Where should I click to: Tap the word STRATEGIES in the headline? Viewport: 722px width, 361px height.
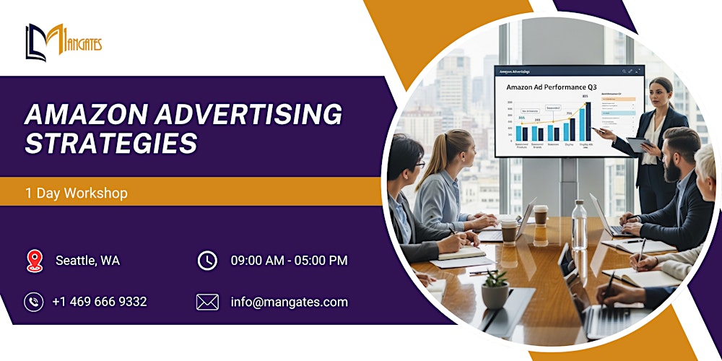click(110, 143)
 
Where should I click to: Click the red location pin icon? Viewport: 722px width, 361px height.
click(34, 261)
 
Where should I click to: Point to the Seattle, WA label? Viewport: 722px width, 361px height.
click(87, 261)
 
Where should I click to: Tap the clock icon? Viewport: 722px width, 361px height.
click(207, 261)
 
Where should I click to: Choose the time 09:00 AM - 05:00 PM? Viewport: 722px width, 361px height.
click(289, 261)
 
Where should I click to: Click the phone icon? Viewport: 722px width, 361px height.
click(34, 302)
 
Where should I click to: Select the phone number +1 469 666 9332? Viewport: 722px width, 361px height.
click(99, 302)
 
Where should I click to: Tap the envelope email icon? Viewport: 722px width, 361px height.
click(207, 302)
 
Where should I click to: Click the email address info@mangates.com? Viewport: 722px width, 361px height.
click(289, 302)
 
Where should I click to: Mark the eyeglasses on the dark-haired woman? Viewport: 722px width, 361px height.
click(419, 164)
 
